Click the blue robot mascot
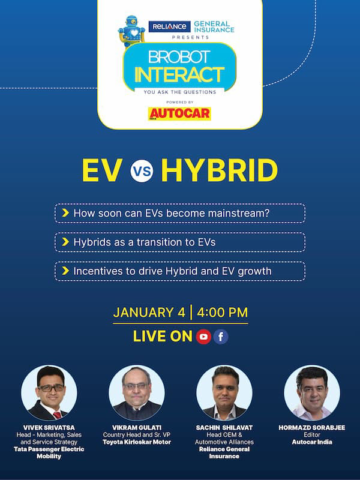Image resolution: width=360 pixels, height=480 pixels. tap(131, 31)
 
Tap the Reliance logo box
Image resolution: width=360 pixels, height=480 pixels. tap(169, 26)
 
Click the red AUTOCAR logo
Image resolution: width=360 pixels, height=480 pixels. tap(179, 113)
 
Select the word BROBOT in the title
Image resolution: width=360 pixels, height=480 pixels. tap(179, 56)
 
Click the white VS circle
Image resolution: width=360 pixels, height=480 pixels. tap(142, 171)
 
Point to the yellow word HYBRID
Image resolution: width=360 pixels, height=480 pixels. tap(220, 170)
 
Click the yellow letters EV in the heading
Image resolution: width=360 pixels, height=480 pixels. tap(102, 170)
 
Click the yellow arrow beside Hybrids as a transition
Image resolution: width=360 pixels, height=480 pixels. tap(65, 242)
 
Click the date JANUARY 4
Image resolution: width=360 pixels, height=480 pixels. tap(149, 313)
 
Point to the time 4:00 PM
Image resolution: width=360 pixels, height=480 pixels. tap(222, 313)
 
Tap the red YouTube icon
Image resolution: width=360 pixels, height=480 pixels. tap(203, 337)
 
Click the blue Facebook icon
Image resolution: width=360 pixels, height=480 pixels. tap(221, 337)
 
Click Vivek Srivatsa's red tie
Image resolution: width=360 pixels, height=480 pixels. tap(57, 415)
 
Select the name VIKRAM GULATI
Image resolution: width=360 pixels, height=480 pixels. tap(137, 428)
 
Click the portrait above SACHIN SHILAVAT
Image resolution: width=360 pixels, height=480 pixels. tap(224, 393)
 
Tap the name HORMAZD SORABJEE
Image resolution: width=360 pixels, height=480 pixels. tap(311, 428)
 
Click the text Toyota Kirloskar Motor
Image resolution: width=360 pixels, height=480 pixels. tap(137, 442)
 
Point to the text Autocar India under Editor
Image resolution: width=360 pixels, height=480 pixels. tap(312, 442)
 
